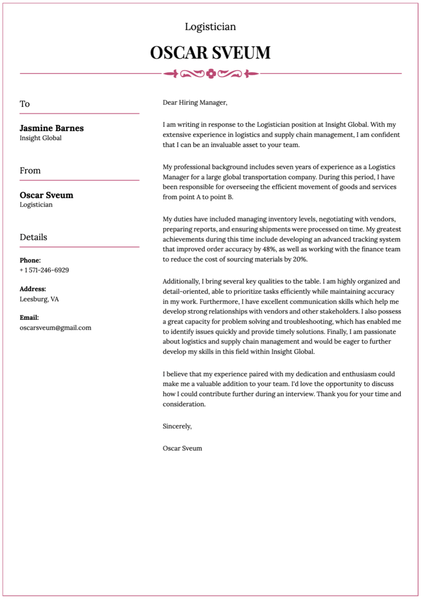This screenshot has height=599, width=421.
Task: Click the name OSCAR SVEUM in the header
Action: click(x=210, y=53)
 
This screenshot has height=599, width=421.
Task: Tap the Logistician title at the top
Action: click(x=210, y=26)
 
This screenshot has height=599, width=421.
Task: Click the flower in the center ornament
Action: click(x=211, y=74)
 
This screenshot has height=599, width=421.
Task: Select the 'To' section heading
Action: click(x=25, y=104)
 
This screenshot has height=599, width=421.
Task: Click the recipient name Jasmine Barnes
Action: click(x=52, y=128)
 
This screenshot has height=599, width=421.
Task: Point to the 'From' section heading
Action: click(x=30, y=171)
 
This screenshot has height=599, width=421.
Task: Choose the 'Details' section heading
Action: click(x=33, y=237)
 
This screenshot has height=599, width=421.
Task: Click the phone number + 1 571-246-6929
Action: click(x=44, y=270)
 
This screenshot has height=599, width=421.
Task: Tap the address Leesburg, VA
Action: click(x=39, y=299)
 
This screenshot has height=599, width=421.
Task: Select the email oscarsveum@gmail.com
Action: click(x=55, y=327)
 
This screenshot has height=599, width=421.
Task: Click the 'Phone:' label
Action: click(x=30, y=260)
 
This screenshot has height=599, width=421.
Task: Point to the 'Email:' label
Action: click(x=29, y=318)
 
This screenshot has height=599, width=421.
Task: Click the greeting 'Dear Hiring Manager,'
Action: click(x=195, y=102)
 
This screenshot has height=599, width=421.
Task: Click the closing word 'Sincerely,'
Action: click(x=177, y=426)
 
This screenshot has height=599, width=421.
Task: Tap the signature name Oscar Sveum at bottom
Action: click(x=182, y=448)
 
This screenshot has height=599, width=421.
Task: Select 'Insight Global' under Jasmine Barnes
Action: click(x=41, y=138)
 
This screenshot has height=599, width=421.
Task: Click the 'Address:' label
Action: click(x=33, y=289)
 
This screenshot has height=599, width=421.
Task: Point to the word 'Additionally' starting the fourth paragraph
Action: click(x=182, y=281)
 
